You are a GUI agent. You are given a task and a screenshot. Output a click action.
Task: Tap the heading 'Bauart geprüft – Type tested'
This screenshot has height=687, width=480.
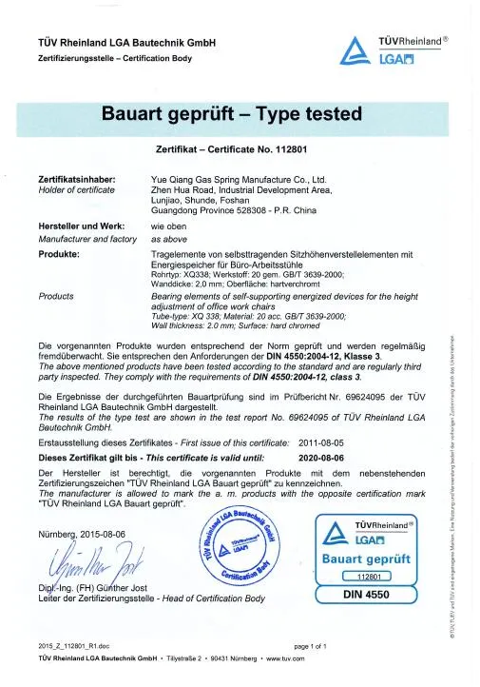tap(232, 115)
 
